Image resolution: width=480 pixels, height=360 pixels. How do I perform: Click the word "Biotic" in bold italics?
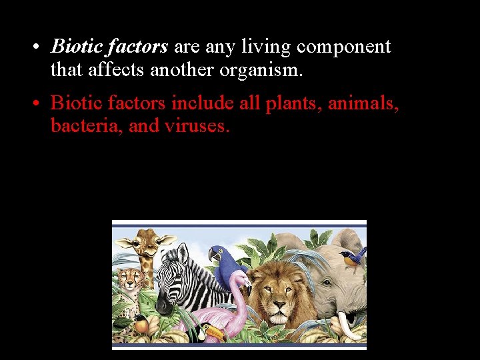pos(75,47)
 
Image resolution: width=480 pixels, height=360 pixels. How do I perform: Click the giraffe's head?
pos(145,244)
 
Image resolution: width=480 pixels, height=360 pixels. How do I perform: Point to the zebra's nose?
pos(163,305)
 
